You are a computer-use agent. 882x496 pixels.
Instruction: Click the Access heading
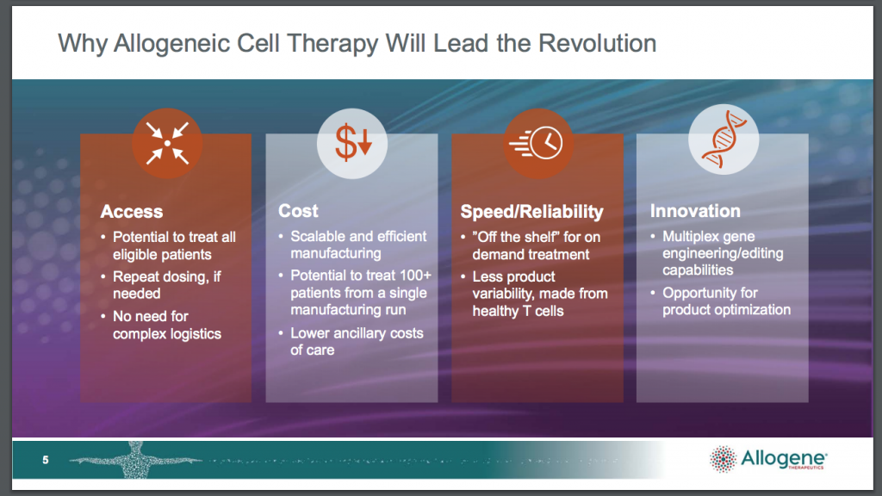[132, 212]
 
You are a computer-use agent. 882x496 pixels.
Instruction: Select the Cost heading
[298, 211]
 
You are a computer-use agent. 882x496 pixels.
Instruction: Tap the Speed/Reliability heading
[531, 212]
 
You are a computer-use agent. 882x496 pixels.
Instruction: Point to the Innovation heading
[695, 211]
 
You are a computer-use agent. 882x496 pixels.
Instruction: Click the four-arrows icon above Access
[167, 144]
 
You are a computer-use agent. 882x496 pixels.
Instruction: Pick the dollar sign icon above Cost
[352, 144]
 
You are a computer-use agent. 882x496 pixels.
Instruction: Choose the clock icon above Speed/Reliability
[537, 144]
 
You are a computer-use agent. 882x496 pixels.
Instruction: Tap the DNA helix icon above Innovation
[724, 139]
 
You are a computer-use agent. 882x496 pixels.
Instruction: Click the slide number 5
[46, 460]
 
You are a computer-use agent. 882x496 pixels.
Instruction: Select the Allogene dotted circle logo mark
[723, 460]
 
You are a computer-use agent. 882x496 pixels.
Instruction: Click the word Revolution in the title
[598, 43]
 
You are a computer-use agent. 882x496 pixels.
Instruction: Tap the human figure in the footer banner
[135, 460]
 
